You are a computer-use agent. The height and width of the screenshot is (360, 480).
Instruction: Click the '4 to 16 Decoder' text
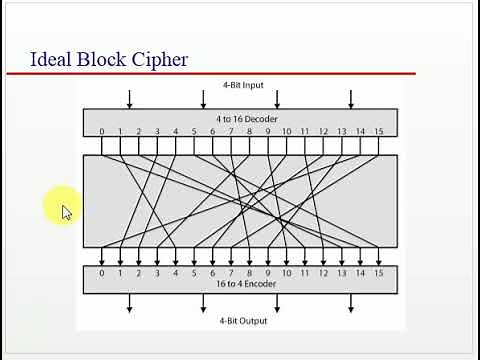pos(241,118)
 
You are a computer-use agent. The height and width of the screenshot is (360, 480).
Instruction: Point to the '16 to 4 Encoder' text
pos(241,284)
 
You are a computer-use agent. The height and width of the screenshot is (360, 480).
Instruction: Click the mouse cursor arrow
pos(66,212)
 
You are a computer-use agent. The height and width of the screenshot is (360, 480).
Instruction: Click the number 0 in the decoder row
pos(101,132)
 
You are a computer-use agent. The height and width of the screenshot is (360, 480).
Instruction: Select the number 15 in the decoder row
pos(379,132)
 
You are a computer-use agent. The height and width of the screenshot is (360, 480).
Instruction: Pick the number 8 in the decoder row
pos(249,132)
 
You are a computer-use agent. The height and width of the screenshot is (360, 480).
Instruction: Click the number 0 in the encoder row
pos(101,272)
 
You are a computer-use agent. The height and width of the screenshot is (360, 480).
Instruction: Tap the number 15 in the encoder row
pos(379,272)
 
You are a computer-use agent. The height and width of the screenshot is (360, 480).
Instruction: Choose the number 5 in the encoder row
pos(194,272)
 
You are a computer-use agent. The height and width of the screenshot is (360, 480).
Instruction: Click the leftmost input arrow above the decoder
pos(129,98)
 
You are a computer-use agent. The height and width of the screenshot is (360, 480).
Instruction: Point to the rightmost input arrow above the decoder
pos(351,98)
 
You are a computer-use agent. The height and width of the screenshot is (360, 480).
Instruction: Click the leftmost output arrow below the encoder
pos(129,303)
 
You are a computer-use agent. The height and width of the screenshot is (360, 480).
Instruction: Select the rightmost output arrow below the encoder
pos(351,303)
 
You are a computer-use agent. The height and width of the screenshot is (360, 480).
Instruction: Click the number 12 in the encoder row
pos(323,272)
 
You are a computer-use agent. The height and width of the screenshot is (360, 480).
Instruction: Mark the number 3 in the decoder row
pos(157,132)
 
